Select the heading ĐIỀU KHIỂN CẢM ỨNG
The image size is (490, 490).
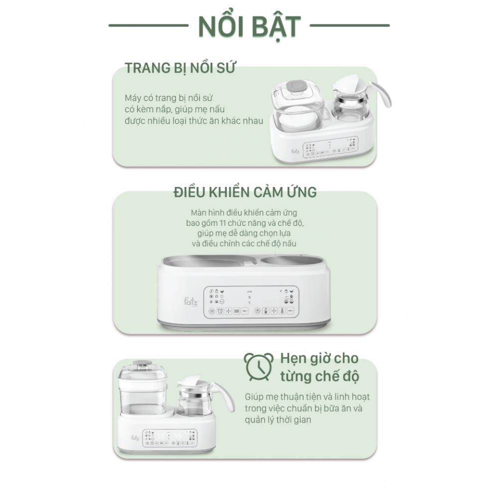pyautogui.click(x=245, y=192)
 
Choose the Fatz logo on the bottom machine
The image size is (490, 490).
pyautogui.click(x=135, y=438)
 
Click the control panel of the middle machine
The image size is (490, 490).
pyautogui.click(x=251, y=302)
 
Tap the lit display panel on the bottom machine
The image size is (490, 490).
pyautogui.click(x=169, y=437)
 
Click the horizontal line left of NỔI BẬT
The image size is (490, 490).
pyautogui.click(x=148, y=25)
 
